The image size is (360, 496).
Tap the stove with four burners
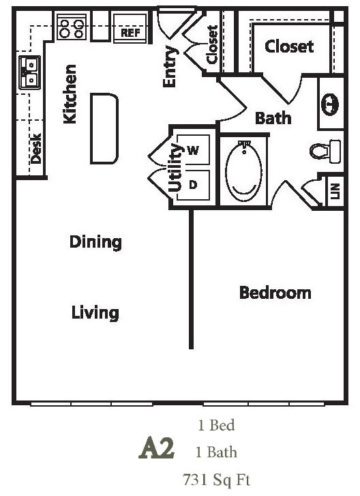click(72, 27)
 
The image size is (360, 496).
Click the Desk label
click(36, 148)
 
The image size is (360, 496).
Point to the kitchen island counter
click(104, 128)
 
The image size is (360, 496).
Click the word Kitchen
click(70, 94)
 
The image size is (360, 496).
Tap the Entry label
click(170, 67)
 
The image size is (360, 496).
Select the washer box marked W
click(192, 151)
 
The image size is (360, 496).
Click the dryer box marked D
click(192, 184)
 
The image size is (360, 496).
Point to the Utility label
click(175, 167)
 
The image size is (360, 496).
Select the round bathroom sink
click(329, 104)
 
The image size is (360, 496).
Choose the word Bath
click(273, 118)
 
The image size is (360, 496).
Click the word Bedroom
click(275, 293)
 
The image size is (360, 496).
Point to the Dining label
click(95, 242)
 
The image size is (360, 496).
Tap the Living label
click(95, 312)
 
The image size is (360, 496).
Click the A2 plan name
click(157, 449)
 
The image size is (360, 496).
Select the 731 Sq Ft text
click(216, 479)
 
